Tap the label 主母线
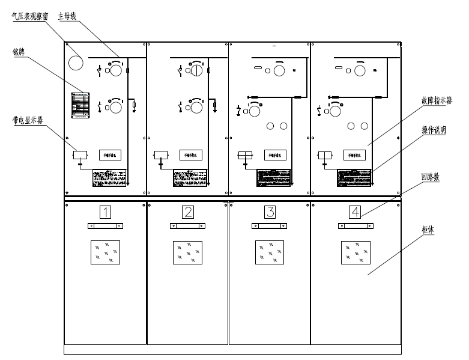tap(67, 16)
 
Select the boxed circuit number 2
tap(189, 212)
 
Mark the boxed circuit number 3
tap(270, 212)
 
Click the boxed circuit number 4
tap(356, 212)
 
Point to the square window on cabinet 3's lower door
tap(270, 252)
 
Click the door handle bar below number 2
tap(189, 226)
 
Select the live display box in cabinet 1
tap(80, 155)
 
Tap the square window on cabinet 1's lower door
tap(105, 252)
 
